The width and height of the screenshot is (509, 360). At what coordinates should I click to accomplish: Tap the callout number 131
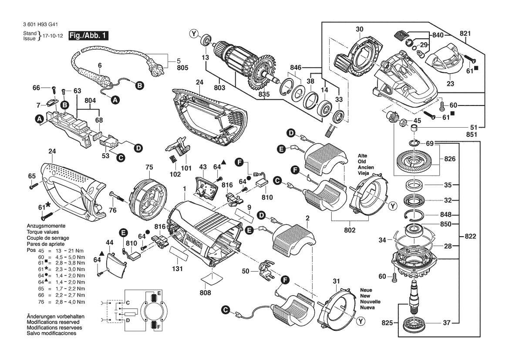coord(177,269)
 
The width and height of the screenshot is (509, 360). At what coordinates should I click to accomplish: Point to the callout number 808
coord(206,293)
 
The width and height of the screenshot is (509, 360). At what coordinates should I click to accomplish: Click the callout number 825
coord(387,323)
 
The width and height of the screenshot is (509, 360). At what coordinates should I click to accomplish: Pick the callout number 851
coord(472,135)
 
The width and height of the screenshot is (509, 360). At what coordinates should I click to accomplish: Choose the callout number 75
coord(149,167)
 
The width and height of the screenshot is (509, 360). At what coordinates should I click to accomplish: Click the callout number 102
coord(175,174)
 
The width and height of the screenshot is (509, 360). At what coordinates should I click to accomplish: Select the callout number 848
coord(445,214)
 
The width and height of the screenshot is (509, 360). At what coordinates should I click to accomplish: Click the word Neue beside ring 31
coord(366,290)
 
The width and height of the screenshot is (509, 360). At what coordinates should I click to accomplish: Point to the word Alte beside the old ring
coord(363,156)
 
